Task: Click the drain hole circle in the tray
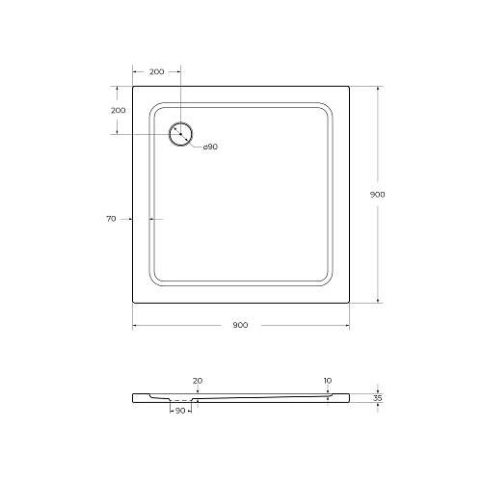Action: tap(180, 134)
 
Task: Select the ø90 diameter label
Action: tap(209, 147)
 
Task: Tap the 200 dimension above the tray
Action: tap(156, 72)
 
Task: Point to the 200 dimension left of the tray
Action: tap(118, 110)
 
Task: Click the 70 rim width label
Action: tap(112, 220)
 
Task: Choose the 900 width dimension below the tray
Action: tap(240, 325)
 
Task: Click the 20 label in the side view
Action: tap(197, 381)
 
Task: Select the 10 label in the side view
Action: tap(328, 381)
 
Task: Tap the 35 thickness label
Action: tap(378, 396)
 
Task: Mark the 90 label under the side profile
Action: tap(180, 412)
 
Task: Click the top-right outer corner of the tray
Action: tap(349, 86)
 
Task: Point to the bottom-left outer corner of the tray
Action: tap(132, 303)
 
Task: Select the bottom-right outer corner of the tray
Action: tap(349, 303)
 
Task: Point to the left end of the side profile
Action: tap(133, 396)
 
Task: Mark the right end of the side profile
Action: tap(348, 396)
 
